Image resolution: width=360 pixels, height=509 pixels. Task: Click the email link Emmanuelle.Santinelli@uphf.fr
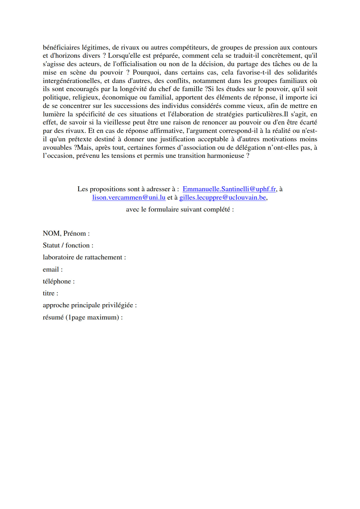(229, 189)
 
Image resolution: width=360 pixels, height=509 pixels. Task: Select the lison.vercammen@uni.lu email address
(129, 198)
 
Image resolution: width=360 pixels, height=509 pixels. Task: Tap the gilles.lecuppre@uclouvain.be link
(223, 198)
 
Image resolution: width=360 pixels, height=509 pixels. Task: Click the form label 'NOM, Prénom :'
(66, 234)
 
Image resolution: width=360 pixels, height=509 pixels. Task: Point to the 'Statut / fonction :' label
(68, 246)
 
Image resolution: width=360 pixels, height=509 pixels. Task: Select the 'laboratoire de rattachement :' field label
(84, 257)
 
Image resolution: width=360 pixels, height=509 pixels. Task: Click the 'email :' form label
(53, 270)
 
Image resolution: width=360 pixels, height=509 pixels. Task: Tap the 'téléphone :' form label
(59, 281)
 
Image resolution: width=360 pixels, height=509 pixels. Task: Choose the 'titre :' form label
(51, 293)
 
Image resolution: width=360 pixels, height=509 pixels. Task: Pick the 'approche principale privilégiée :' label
(90, 305)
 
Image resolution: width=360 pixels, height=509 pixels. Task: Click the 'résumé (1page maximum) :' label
(83, 317)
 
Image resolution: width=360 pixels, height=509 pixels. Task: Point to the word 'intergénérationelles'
(72, 81)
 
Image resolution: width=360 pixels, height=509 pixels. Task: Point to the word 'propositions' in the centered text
(107, 189)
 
